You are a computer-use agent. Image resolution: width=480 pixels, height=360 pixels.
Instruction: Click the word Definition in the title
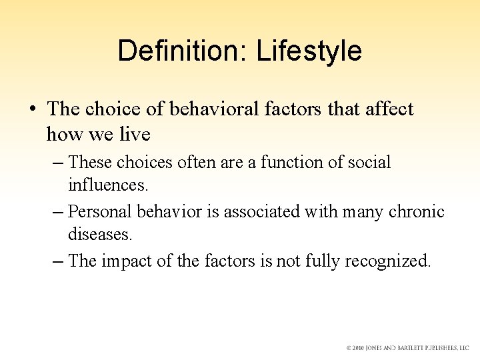(175, 51)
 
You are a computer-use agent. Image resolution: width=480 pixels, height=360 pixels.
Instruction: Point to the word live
(134, 134)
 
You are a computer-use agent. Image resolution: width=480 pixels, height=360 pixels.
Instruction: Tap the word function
(297, 162)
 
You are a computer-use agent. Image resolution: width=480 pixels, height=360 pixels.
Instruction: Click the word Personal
(100, 211)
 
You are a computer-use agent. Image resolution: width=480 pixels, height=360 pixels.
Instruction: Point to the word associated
(262, 211)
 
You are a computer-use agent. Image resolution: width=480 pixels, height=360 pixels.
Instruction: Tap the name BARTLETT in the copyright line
(412, 347)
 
